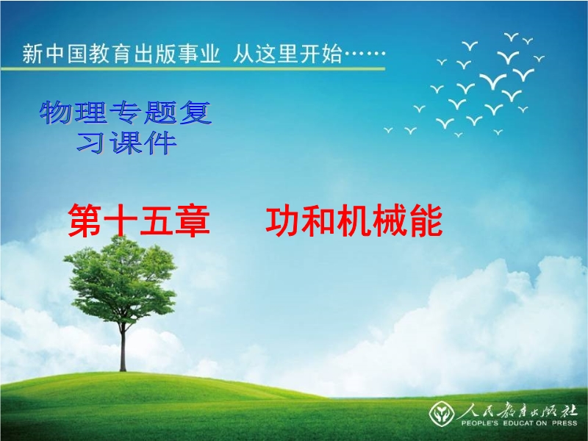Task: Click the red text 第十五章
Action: click(x=139, y=220)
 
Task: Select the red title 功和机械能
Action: click(x=354, y=220)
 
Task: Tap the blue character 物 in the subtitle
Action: click(x=56, y=112)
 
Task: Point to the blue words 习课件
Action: click(x=126, y=143)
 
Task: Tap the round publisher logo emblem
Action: click(x=442, y=414)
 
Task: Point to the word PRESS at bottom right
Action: click(x=564, y=423)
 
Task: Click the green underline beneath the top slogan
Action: click(x=193, y=68)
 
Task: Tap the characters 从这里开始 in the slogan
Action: click(x=287, y=53)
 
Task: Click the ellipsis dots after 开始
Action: click(x=365, y=53)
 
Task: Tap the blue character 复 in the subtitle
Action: click(x=196, y=112)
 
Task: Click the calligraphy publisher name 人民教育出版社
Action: click(x=517, y=411)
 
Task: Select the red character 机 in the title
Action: click(x=354, y=220)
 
